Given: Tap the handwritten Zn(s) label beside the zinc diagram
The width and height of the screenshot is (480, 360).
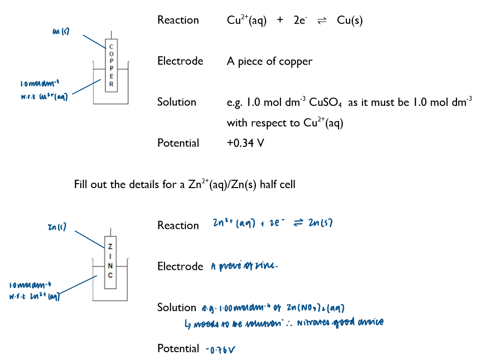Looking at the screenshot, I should (57, 227).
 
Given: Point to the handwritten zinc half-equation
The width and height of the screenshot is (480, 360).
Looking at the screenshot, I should (273, 223).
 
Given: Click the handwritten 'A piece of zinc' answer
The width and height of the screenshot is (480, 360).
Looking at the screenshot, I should (244, 266).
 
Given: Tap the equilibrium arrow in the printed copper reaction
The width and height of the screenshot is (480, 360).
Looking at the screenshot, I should (322, 21).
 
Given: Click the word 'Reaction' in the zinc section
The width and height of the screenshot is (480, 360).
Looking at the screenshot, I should (178, 225).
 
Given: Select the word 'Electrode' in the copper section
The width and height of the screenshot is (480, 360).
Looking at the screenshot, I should (180, 61).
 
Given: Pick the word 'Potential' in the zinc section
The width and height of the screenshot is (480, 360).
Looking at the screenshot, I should (178, 348).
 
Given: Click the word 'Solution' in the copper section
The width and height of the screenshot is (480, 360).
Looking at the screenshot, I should (177, 102).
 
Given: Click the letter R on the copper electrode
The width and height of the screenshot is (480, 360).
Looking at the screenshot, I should (112, 84).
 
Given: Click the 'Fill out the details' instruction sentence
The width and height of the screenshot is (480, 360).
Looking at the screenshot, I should (185, 185).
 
